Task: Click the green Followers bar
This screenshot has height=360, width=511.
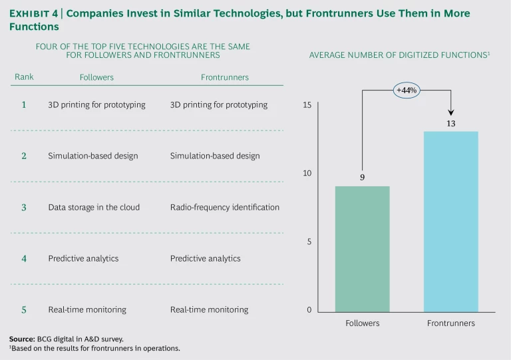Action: click(x=362, y=249)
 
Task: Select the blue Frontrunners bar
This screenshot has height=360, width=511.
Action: click(x=450, y=222)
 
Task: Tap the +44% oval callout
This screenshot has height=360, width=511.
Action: click(x=407, y=90)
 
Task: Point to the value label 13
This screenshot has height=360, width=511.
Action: click(x=450, y=123)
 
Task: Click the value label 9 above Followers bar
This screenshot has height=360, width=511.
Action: click(x=362, y=178)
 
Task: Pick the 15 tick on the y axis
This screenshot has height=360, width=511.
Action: click(x=307, y=105)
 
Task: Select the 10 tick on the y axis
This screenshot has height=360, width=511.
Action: click(x=307, y=174)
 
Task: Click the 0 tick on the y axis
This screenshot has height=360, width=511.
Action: click(x=309, y=310)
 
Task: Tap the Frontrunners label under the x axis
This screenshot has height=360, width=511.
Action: click(x=450, y=323)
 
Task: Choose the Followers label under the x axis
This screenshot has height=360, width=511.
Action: click(x=362, y=323)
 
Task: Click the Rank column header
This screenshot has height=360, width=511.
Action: click(x=24, y=77)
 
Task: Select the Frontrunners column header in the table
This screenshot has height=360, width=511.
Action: click(x=225, y=77)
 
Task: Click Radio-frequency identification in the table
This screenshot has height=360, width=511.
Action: click(x=225, y=207)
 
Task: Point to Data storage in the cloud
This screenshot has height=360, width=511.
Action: click(x=94, y=207)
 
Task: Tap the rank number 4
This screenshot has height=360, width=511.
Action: click(x=24, y=258)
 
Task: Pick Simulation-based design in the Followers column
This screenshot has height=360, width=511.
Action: click(x=93, y=156)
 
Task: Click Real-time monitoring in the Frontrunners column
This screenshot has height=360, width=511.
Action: click(x=209, y=309)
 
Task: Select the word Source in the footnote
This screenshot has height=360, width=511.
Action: click(x=22, y=339)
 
